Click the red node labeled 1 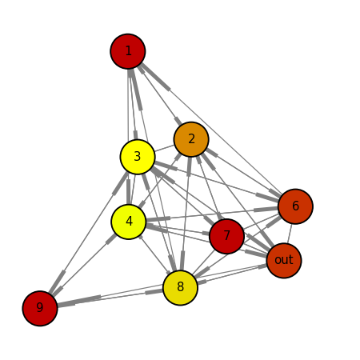click(128, 51)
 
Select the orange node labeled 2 click(191, 139)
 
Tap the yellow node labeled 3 click(138, 157)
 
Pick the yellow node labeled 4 click(129, 222)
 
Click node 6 click(295, 206)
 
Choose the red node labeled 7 click(227, 236)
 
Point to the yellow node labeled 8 click(180, 288)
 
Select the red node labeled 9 click(40, 308)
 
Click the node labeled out click(284, 261)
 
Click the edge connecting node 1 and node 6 click(211, 128)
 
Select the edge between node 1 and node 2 click(160, 95)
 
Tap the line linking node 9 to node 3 click(89, 233)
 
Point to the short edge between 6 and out click(290, 234)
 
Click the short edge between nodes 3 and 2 click(165, 148)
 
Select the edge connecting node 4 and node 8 click(154, 254)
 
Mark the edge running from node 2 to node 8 click(186, 214)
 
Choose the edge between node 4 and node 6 click(212, 214)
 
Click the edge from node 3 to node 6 click(217, 182)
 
